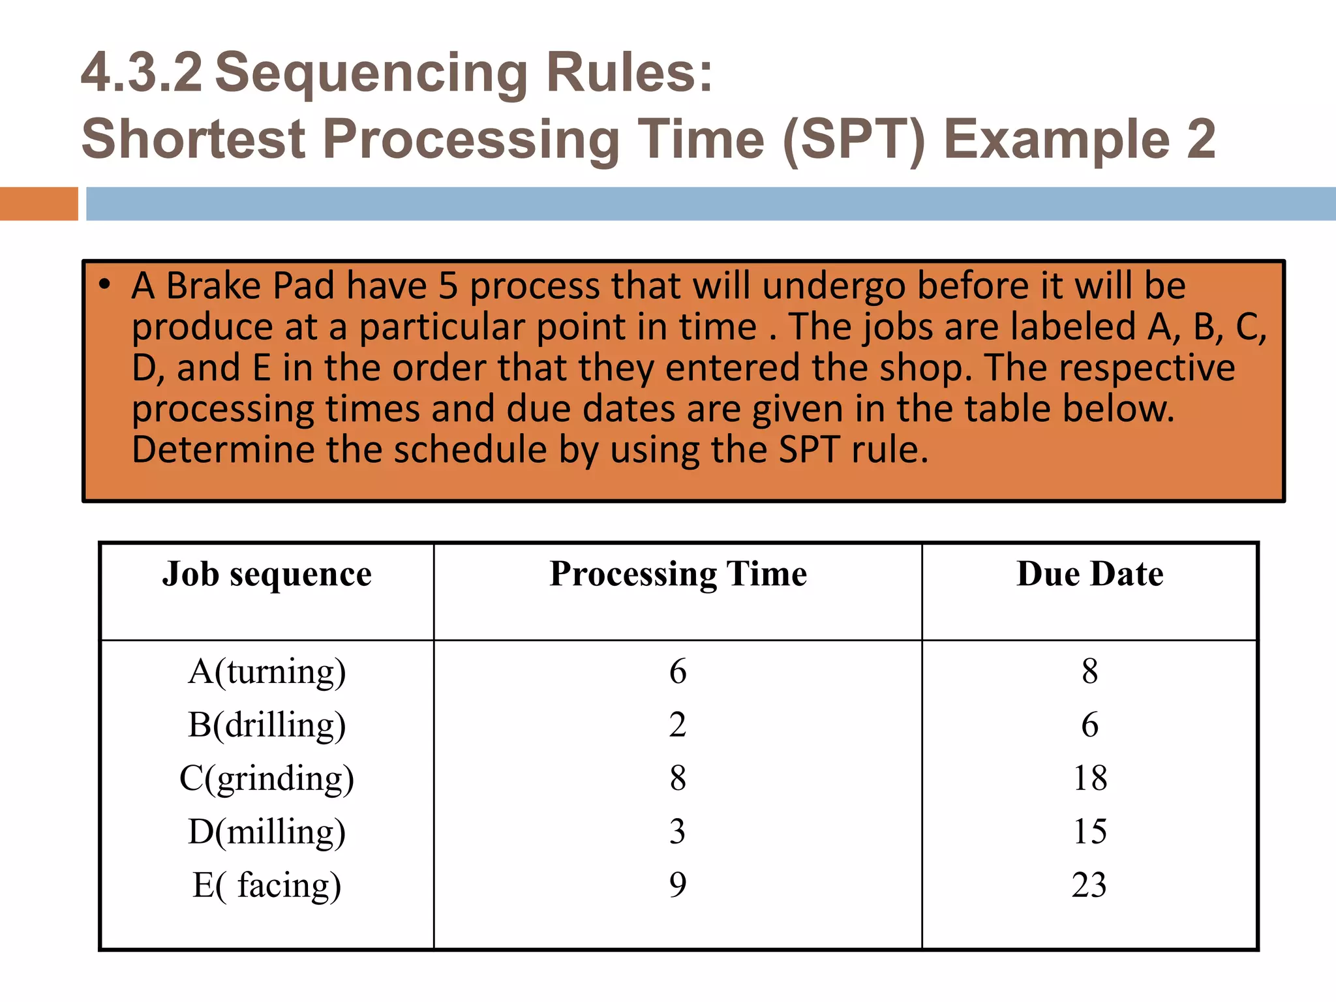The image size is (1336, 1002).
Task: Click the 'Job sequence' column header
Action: [267, 575]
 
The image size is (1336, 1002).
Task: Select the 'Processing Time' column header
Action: [678, 575]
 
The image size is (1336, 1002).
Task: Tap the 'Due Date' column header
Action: [1089, 575]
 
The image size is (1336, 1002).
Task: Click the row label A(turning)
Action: [267, 672]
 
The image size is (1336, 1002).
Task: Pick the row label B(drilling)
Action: [267, 725]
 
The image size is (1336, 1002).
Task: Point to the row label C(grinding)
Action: [267, 779]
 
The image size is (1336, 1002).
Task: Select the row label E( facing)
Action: [267, 886]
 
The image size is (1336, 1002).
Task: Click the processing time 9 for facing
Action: [678, 885]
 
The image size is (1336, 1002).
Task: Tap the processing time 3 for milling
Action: [678, 832]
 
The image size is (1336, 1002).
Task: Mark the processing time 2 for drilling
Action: [678, 725]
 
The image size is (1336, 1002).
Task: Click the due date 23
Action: [1089, 885]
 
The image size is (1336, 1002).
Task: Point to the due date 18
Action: [1089, 778]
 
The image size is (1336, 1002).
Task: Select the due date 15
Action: [1089, 832]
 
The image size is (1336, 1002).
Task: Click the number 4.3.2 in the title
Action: [142, 73]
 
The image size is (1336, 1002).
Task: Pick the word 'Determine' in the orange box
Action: [223, 450]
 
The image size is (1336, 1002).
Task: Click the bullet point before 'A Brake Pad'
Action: [104, 284]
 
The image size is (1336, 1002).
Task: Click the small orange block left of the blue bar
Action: [38, 204]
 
